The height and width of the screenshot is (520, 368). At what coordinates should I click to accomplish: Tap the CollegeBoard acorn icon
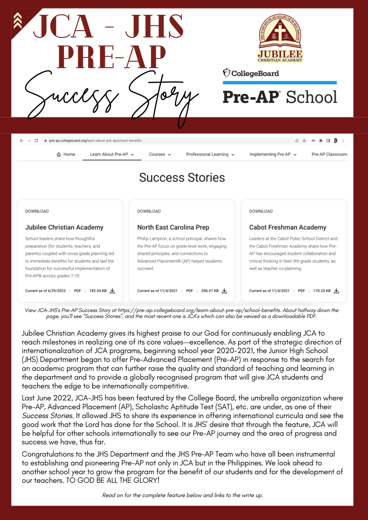226,72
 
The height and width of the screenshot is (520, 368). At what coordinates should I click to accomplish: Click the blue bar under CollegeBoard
280,83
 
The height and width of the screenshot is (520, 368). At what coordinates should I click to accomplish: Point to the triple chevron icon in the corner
18,21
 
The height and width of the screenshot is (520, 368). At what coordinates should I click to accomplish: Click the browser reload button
36,140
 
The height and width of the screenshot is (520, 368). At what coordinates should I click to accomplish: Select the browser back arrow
22,140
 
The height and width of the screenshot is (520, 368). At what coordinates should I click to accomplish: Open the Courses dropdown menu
160,154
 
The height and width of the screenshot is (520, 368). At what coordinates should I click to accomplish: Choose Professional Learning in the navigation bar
210,154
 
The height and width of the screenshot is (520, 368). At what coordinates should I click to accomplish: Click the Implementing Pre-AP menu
273,154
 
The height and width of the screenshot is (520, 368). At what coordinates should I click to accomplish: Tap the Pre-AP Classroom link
329,154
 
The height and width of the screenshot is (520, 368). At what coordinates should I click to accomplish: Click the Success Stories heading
182,177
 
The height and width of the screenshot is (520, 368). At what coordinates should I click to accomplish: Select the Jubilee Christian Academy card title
64,227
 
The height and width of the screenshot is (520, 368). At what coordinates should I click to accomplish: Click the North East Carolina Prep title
173,227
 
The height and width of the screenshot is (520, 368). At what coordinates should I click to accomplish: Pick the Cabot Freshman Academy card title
288,227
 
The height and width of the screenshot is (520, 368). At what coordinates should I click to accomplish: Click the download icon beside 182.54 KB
113,291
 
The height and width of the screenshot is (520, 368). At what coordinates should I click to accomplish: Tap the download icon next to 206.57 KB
224,291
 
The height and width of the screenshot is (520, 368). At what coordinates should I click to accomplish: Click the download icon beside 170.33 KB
336,291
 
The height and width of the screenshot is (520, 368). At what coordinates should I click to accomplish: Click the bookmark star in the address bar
304,140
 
